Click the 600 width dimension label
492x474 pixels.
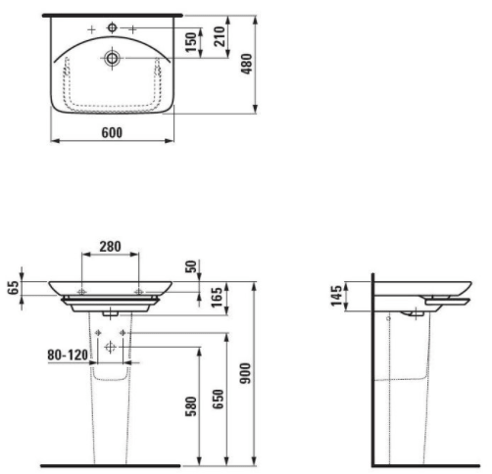(x=112, y=133)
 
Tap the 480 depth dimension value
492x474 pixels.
(x=247, y=64)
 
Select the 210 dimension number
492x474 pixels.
(x=220, y=36)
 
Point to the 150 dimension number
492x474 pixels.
(x=191, y=42)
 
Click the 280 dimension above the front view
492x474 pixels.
(x=110, y=247)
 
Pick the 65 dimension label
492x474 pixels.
(x=14, y=288)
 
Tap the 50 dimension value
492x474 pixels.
(x=192, y=266)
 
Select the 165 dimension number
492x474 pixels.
(x=217, y=297)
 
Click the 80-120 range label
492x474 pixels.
(x=68, y=355)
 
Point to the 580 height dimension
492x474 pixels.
(x=191, y=407)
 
